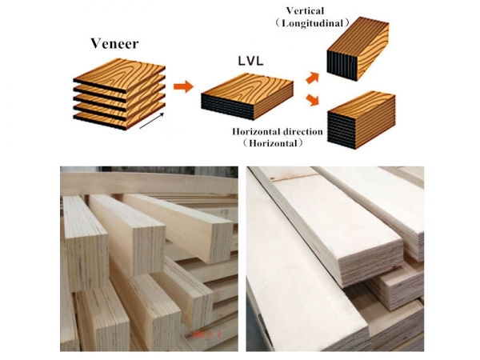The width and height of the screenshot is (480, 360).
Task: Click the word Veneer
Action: (114, 44)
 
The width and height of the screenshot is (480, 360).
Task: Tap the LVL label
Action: (250, 62)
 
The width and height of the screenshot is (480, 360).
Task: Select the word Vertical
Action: (305, 10)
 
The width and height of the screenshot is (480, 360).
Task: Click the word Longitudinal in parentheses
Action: (312, 23)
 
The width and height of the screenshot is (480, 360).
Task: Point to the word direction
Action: (302, 132)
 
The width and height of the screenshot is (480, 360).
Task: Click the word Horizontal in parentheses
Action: (273, 143)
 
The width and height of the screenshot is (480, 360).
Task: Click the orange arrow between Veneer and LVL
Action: (183, 86)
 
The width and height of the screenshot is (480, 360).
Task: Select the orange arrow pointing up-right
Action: (313, 78)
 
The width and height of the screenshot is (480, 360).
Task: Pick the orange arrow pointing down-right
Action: (312, 100)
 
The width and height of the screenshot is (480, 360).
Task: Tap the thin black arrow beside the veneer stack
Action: (151, 121)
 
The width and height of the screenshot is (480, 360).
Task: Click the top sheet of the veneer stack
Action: (119, 74)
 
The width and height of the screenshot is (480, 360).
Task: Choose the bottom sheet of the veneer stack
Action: (119, 118)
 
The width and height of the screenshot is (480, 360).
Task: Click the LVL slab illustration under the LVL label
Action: (247, 96)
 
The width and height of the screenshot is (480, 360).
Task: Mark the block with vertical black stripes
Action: (358, 48)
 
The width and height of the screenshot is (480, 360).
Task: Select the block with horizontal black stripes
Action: (362, 120)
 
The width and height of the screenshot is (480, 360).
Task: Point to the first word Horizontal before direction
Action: (256, 132)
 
